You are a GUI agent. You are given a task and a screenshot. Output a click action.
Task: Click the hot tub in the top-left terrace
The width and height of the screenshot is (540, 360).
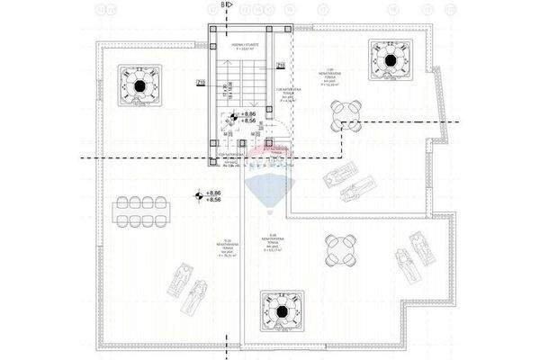coord(140,87)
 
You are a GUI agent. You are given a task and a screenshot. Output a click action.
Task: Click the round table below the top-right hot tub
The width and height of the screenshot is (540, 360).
coord(346,114)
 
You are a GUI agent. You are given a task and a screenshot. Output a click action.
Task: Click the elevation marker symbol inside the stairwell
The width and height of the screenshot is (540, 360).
coord(233,116)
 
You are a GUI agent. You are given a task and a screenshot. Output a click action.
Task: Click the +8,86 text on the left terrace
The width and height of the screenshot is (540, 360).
coord(213,193)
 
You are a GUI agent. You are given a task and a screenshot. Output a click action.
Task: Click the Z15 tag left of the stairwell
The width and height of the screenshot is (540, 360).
coord(200,84)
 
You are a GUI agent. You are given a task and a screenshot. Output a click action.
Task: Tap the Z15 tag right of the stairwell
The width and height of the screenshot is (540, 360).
coord(281,66)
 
